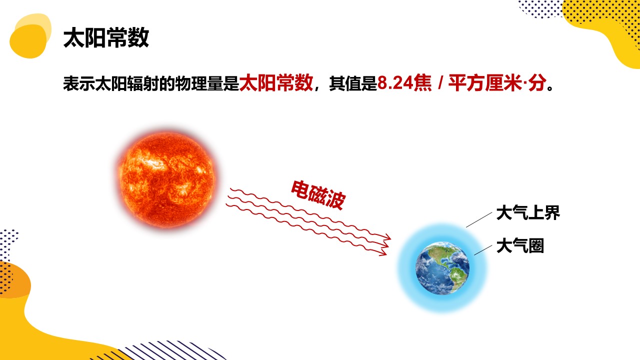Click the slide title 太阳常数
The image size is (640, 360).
106,37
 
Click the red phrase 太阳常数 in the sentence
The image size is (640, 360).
276,83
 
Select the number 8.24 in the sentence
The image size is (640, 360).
395,83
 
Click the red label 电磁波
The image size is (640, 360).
318,195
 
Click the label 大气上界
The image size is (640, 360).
528,212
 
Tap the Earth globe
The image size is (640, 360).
442,268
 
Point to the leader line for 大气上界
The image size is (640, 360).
479,219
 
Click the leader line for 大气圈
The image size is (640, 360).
483,250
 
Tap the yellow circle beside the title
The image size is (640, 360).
28,41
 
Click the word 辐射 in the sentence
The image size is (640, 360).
143,83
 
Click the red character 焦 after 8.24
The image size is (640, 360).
423,83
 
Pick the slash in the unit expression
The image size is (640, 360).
440,83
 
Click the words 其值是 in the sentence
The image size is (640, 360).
353,83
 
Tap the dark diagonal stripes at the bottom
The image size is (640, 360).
171,350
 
